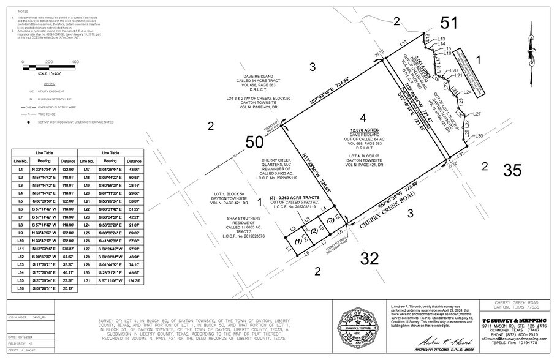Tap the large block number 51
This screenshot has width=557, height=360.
tap(449, 23)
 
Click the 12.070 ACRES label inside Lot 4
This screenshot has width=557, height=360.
tap(363, 130)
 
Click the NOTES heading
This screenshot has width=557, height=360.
tap(23, 12)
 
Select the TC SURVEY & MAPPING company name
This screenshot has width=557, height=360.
tap(518, 319)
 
